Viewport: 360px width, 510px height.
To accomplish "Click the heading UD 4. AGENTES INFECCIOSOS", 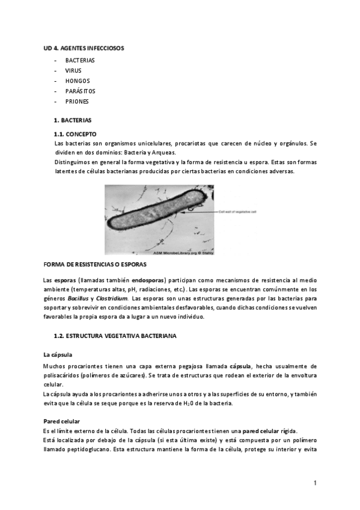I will tap(84, 48).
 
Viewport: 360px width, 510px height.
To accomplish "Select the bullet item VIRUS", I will tap(73, 70).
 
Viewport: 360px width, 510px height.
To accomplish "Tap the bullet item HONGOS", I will tap(78, 81).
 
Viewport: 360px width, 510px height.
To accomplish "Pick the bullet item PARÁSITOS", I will tap(81, 91).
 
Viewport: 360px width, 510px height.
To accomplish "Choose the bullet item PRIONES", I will tap(77, 101).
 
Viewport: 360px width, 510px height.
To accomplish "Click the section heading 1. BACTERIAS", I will tap(73, 120).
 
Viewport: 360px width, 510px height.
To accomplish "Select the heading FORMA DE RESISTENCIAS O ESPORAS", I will tap(95, 265).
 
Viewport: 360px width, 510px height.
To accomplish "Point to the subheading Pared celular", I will tap(62, 420).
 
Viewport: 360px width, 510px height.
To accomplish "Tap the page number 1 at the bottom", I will tap(314, 483).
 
